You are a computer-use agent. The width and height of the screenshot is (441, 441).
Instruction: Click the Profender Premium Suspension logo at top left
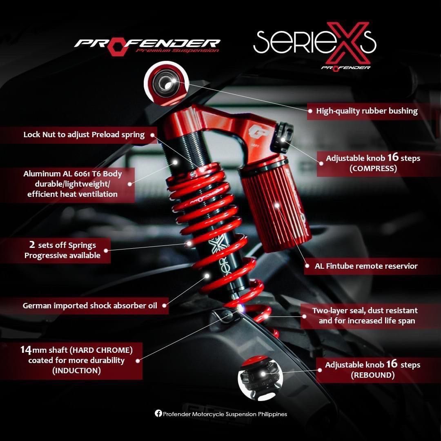click(x=147, y=45)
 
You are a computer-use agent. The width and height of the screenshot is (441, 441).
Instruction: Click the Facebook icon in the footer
click(x=158, y=414)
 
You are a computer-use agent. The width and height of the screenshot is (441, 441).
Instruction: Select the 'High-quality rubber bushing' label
click(x=367, y=111)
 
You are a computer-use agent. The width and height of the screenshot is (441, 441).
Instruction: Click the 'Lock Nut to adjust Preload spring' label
click(x=84, y=135)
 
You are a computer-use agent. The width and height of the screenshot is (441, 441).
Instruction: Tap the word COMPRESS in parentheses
click(x=373, y=169)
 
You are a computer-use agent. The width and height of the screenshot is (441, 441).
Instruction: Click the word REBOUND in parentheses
click(x=373, y=375)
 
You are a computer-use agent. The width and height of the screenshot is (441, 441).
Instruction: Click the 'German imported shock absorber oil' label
click(x=90, y=305)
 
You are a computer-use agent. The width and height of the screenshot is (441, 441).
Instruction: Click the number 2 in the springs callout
click(x=31, y=245)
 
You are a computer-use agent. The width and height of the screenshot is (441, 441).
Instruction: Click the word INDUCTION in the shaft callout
click(x=76, y=371)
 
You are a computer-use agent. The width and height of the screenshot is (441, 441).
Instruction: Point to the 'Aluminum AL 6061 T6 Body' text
click(x=73, y=174)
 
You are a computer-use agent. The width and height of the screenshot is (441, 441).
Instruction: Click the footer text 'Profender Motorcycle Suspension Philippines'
click(x=225, y=414)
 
